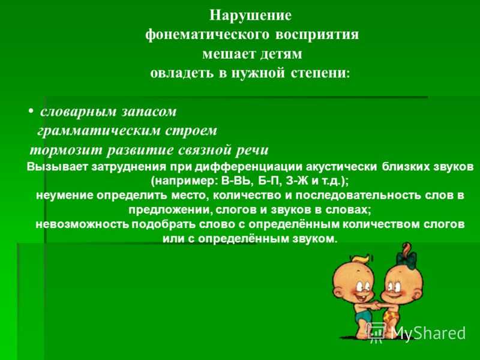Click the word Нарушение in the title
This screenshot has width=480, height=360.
coord(250,16)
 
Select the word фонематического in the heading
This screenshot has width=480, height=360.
coord(207,35)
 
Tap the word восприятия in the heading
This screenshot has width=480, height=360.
coord(317,35)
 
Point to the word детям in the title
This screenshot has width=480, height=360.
coord(281,54)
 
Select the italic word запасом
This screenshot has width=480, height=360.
coord(149,112)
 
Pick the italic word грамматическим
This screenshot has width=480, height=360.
coord(99,131)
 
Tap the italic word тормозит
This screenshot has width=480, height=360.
coord(66,151)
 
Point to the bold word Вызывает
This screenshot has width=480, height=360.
coord(55,167)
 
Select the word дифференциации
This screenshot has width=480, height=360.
coord(249,167)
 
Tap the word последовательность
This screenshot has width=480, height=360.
coord(356,196)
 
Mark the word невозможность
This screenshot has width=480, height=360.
coord(82,224)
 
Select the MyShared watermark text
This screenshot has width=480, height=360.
coord(428,333)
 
